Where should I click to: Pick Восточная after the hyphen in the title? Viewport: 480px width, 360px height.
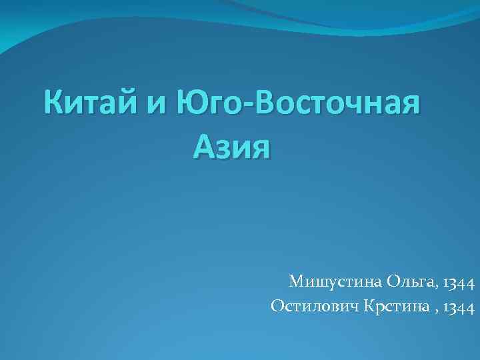click(x=339, y=105)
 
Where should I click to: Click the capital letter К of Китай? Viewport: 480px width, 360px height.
click(x=55, y=105)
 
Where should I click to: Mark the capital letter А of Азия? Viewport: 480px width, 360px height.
click(x=203, y=145)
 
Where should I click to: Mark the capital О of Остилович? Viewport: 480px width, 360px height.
click(x=277, y=306)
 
